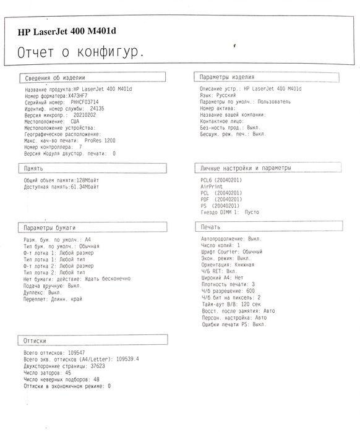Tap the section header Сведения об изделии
[x=55, y=78]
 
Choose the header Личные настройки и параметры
[x=244, y=168]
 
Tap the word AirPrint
[x=211, y=186]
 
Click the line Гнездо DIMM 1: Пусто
[x=230, y=211]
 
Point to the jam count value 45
[x=67, y=372]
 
